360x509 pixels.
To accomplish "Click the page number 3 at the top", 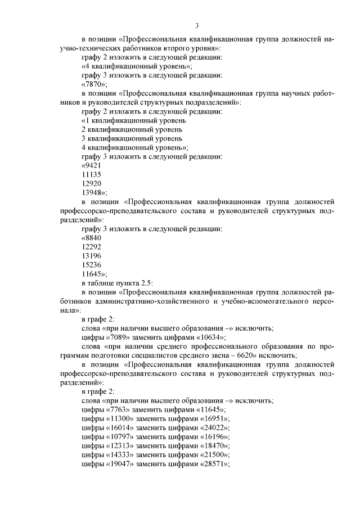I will tap(197, 25).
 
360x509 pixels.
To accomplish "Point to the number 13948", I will tap(93, 192).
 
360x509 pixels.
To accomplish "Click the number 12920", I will tap(91, 183).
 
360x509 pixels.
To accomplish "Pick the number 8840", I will tap(93, 238).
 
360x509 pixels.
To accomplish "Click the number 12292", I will tap(91, 247).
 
